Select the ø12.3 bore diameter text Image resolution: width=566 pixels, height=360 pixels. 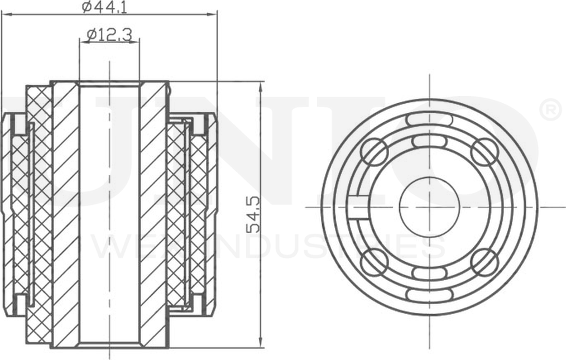point(109,35)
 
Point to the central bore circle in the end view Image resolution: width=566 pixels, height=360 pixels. point(429,207)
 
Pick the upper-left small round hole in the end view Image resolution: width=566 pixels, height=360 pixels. point(375,152)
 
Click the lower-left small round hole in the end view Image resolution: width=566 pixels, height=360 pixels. point(375,262)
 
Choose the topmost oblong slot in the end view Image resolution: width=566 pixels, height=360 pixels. point(429,119)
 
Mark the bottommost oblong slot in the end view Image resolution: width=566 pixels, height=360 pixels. point(429,295)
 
